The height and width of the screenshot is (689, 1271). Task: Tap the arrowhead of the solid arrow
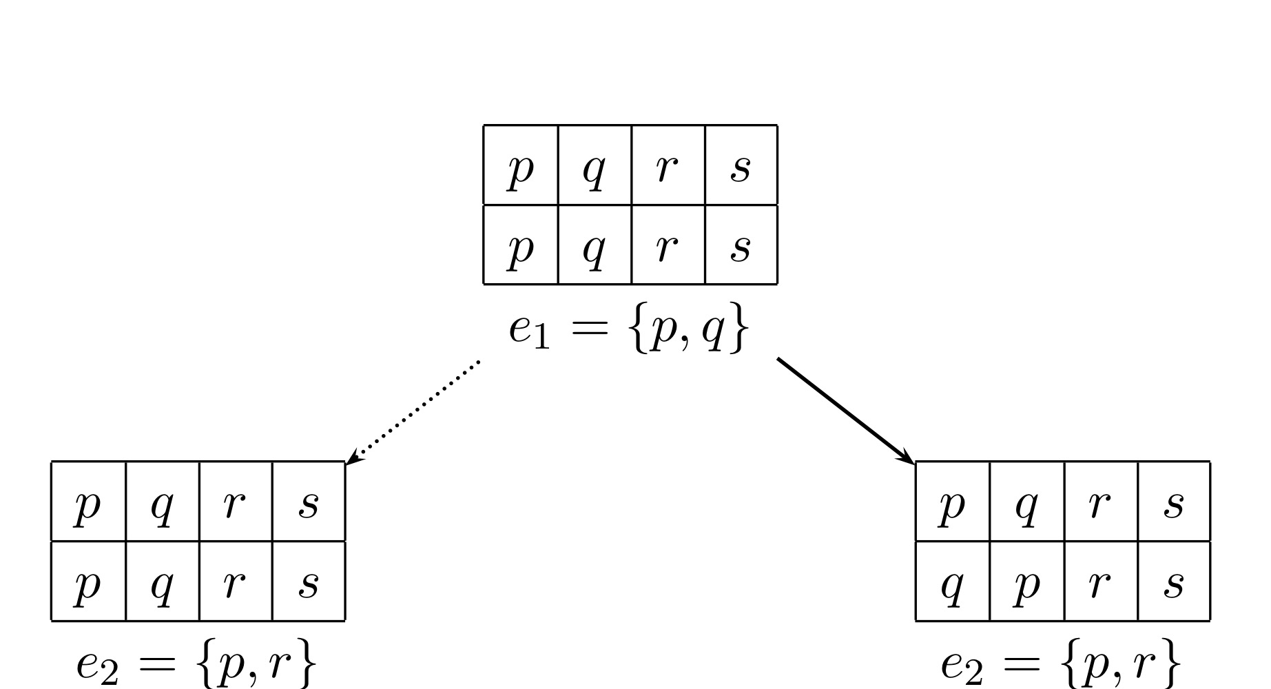(x=908, y=457)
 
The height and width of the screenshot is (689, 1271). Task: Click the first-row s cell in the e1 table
(x=741, y=165)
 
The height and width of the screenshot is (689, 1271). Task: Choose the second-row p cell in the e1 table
(x=521, y=245)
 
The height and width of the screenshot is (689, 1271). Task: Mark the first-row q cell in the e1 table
(x=595, y=165)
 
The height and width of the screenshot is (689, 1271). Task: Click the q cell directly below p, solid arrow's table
(x=953, y=582)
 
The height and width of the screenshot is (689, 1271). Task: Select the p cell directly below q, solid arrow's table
(x=1026, y=582)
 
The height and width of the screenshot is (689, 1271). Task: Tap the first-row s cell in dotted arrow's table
(x=309, y=502)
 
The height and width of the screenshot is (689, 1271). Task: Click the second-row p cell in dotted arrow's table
(x=88, y=582)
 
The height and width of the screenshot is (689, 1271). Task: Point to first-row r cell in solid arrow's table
(x=1100, y=502)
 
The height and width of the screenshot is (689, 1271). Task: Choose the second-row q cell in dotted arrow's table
(x=162, y=582)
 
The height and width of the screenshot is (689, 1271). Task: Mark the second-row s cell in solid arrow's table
(x=1174, y=582)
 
